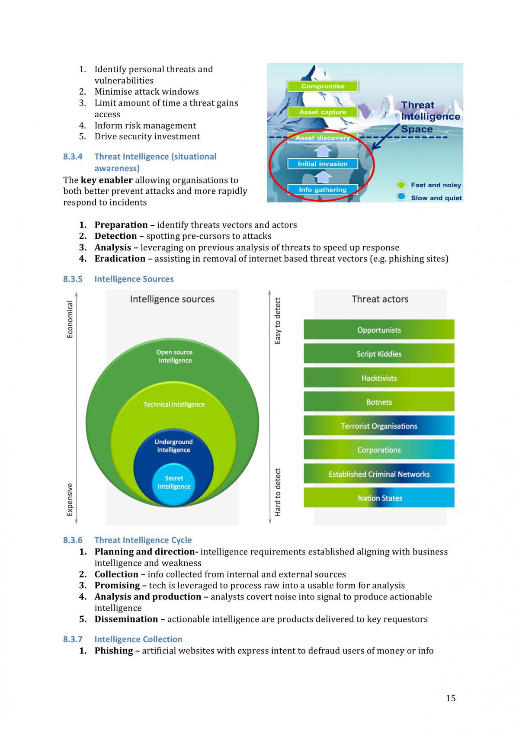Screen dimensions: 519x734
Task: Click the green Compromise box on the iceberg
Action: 323,86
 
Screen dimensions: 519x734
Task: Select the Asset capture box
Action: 323,112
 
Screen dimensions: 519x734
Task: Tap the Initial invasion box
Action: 323,164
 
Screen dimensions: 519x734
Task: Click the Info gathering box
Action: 323,190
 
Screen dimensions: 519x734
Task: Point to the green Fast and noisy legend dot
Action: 401,185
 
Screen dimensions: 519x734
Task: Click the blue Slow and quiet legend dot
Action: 401,197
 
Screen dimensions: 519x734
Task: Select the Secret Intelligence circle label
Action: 174,482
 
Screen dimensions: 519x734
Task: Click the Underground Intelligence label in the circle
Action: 174,446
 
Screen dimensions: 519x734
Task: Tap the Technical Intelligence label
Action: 174,404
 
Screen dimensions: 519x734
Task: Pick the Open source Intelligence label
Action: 175,356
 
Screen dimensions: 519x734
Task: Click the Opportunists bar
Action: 379,329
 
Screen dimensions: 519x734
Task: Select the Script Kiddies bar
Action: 379,353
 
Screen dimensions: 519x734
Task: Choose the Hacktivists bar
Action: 379,378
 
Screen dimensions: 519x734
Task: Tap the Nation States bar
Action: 379,497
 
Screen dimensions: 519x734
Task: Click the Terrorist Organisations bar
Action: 379,425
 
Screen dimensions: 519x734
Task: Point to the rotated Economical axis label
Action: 70,319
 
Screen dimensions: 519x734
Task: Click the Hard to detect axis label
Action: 278,492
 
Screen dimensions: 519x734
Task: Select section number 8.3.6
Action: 72,540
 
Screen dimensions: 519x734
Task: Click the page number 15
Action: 451,698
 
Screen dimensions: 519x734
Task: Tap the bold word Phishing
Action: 114,651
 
